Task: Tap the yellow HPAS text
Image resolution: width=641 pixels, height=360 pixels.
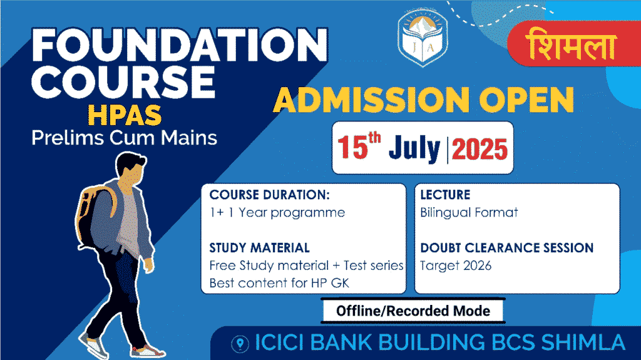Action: pos(125,115)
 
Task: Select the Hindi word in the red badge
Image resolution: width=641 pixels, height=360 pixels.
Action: pos(572,44)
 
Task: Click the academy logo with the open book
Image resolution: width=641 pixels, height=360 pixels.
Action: pos(423,38)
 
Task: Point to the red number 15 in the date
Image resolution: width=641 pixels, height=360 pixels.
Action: pos(353,147)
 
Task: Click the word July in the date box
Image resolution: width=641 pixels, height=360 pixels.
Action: pos(414,148)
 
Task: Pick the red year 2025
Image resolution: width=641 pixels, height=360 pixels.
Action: pos(479,149)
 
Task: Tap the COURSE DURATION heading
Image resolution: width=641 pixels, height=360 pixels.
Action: pos(269,195)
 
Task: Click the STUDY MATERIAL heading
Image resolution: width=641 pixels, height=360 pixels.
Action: pos(259,248)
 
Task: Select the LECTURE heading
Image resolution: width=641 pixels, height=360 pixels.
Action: pos(445,195)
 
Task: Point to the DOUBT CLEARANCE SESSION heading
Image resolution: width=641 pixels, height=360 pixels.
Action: pos(506,248)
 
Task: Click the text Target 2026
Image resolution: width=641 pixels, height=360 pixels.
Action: pos(456,266)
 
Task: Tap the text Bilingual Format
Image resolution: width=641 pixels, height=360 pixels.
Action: pos(469,213)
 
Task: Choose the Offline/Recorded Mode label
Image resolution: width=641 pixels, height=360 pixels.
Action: pos(413,311)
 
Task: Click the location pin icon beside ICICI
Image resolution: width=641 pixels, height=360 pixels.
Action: pos(240,344)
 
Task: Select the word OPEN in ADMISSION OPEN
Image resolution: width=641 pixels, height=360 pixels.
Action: pos(526,100)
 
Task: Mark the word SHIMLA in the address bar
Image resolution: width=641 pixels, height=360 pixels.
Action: pos(583,343)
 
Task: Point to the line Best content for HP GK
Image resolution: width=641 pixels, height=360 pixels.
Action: pos(279,283)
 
